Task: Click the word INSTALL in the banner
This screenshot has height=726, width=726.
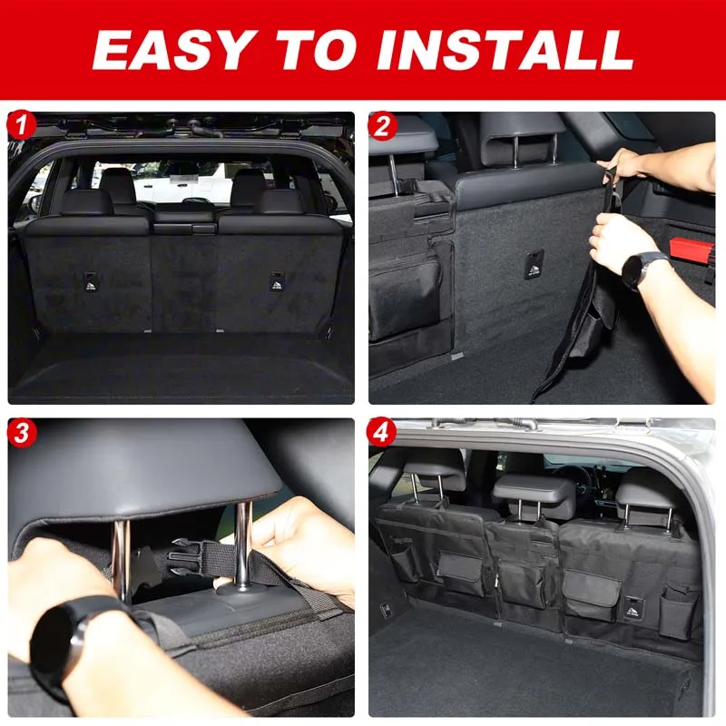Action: click(x=505, y=50)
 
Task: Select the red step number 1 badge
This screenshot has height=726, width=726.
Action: click(x=21, y=125)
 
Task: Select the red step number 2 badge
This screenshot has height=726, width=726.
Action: click(x=383, y=126)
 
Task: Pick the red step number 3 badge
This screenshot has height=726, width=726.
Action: click(x=21, y=433)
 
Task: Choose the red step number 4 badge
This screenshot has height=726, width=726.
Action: click(x=381, y=433)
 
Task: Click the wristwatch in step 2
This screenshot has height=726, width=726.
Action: click(x=641, y=270)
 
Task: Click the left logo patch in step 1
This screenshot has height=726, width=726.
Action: click(x=91, y=282)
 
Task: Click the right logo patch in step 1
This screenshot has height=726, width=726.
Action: click(x=277, y=281)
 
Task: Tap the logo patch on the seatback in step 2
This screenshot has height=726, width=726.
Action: click(x=534, y=265)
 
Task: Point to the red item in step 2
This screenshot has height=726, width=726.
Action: click(x=690, y=250)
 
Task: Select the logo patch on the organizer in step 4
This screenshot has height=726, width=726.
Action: click(x=633, y=608)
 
